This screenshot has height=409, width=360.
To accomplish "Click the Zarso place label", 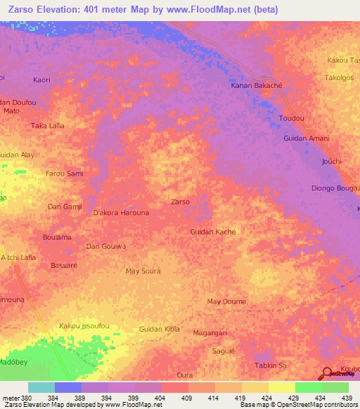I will tap(180, 202).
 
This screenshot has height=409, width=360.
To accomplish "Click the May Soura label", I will tap(143, 271).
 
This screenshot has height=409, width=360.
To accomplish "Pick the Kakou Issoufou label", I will tap(84, 325).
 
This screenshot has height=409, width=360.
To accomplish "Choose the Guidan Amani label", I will tap(307, 138).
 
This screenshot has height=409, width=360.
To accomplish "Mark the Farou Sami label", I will tap(64, 173).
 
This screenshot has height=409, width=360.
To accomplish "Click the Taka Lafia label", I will tap(48, 125).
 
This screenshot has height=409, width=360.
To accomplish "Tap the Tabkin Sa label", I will tap(271, 365).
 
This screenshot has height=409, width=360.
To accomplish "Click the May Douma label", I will tap(226, 301).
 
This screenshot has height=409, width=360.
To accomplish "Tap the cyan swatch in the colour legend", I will tap(41, 388).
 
